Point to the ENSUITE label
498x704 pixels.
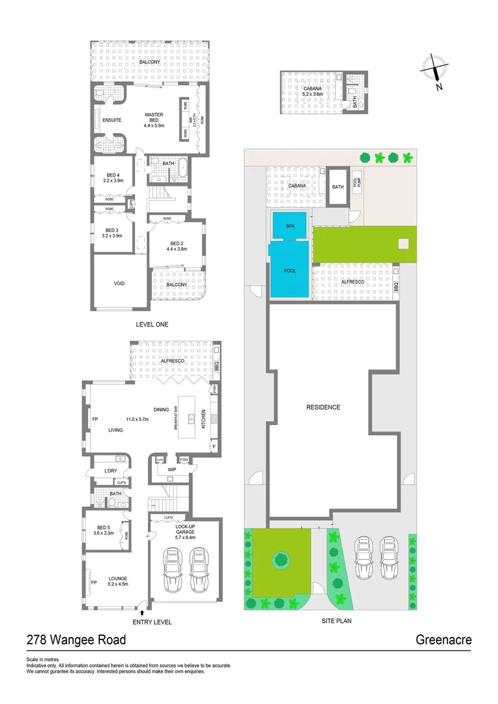point(111,120)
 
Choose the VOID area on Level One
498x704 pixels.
point(119,283)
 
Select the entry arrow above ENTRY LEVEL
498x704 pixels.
point(142,612)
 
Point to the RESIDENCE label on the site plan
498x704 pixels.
point(323,407)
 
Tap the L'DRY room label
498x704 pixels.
point(110,471)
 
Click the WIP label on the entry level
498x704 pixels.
point(172,469)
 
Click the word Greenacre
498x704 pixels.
point(443,640)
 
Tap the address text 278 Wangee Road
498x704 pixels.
point(76,640)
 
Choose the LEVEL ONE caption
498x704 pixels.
point(152,324)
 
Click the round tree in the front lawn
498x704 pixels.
point(281,559)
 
